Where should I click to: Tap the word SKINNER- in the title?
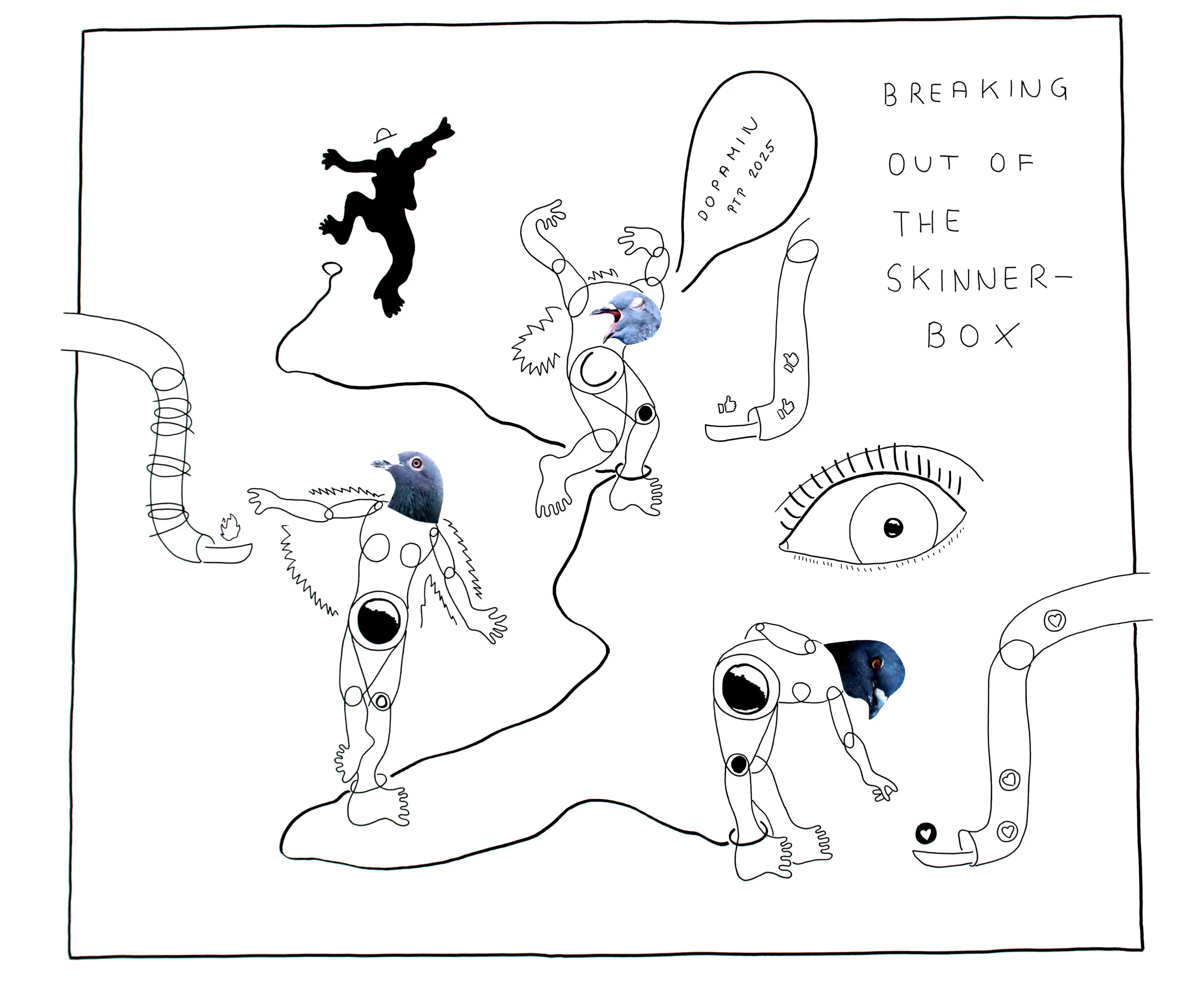point(979,278)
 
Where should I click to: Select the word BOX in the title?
point(972,335)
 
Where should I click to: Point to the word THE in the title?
point(927,222)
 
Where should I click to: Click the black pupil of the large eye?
point(892,528)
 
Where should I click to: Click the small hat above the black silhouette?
point(385,135)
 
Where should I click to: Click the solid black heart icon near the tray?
point(926,834)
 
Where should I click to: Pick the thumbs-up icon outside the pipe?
point(727,404)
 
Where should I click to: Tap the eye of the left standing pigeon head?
point(416,463)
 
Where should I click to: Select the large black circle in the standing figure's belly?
point(378,621)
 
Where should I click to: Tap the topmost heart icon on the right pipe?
point(1055,620)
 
